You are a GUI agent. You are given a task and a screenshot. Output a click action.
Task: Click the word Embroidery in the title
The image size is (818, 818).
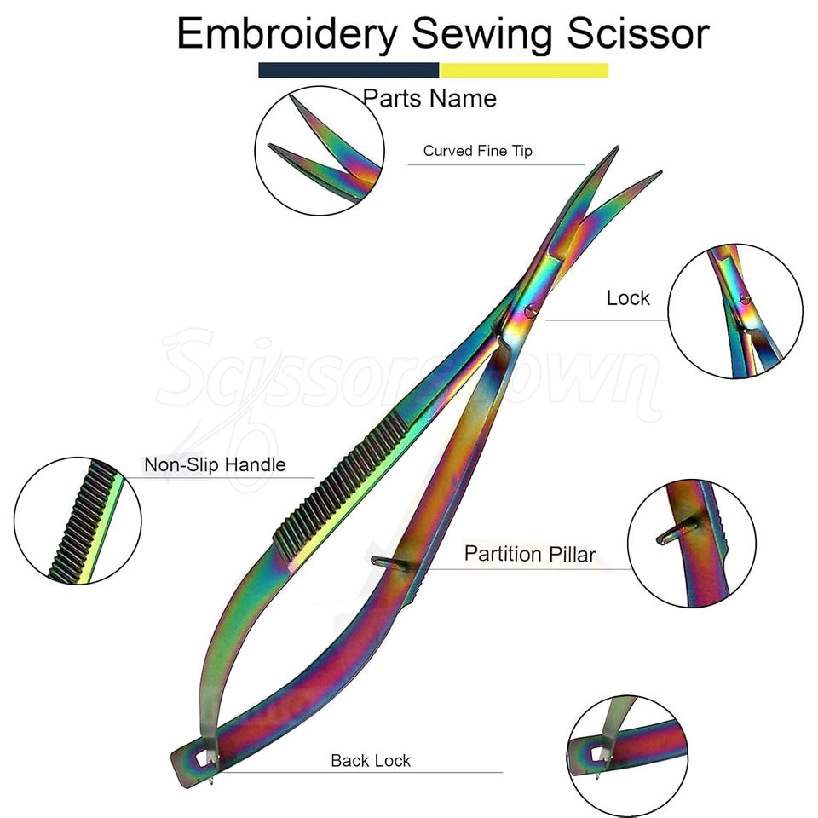(287, 34)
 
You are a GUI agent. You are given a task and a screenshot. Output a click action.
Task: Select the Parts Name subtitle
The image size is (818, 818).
(429, 98)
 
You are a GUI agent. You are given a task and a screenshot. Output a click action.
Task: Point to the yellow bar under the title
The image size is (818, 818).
(523, 70)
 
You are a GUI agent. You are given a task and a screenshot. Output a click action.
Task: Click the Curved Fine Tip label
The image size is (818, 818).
(477, 151)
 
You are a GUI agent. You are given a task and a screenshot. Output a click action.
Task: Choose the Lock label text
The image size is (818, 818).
(627, 298)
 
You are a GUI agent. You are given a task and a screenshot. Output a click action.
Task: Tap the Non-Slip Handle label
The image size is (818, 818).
(214, 465)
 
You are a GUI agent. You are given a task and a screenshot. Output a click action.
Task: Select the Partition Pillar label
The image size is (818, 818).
(529, 555)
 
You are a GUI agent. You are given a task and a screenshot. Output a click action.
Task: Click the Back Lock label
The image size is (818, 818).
(371, 760)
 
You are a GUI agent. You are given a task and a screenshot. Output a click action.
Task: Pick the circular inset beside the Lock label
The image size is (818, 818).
(734, 311)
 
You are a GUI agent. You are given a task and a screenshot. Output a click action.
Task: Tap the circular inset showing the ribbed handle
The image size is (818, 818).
(78, 521)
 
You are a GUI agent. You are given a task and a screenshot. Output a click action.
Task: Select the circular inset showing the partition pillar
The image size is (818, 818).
(691, 543)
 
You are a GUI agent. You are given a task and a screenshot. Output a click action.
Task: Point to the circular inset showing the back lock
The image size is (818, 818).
(627, 755)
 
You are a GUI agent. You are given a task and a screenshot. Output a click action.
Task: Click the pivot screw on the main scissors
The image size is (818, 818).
(531, 311)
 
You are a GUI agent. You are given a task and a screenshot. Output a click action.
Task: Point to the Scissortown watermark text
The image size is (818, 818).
(409, 375)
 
